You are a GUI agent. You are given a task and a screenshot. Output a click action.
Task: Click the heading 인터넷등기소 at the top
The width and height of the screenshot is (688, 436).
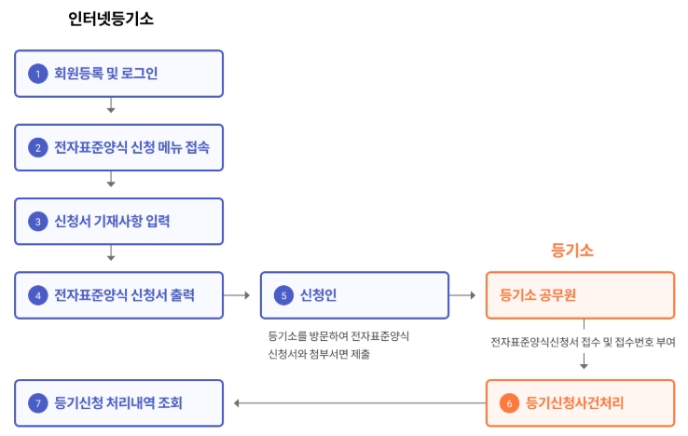111,19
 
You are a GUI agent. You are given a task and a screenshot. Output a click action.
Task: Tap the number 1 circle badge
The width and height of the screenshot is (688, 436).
38,74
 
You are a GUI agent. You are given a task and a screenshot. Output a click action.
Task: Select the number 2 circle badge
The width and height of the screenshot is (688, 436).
38,148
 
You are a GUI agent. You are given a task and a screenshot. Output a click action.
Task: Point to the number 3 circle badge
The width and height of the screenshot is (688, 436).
38,222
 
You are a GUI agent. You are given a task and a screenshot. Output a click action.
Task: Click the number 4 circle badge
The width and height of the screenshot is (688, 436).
38,295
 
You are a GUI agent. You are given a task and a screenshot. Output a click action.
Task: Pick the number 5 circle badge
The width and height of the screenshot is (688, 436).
284,295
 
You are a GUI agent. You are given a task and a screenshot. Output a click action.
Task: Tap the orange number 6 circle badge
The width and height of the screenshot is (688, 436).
509,403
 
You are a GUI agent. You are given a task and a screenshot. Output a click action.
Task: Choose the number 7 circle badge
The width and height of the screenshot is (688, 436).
38,403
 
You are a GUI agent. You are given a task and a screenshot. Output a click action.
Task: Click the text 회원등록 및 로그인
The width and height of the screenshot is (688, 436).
105,74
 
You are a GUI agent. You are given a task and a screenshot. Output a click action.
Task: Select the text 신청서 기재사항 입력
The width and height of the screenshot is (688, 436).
112,221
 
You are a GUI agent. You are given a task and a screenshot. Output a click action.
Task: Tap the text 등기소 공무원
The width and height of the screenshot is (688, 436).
538,294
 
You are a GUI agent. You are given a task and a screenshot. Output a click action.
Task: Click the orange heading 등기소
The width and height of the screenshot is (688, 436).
572,251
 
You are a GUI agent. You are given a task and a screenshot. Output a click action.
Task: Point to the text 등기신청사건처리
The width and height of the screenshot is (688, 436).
574,402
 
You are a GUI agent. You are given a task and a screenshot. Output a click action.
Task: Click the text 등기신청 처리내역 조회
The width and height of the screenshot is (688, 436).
118,402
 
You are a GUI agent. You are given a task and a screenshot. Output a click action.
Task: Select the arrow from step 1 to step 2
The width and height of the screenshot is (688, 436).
111,105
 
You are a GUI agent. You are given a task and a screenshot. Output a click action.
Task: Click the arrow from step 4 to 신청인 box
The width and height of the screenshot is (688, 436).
237,295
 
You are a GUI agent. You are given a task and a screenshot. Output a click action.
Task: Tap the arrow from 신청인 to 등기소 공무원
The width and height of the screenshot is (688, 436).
462,295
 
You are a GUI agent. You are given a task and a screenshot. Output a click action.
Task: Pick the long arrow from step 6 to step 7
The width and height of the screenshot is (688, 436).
360,403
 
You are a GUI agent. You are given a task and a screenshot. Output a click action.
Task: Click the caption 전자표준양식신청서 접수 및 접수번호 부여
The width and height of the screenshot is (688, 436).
584,342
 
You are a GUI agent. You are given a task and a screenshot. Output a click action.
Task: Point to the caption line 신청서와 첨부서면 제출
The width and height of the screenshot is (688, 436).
319,354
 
